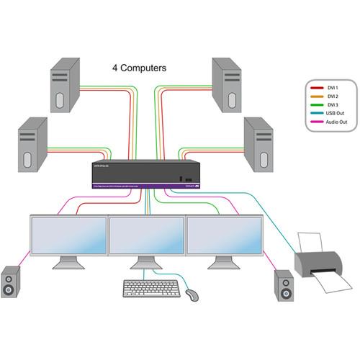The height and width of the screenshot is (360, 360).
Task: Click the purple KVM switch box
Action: click(x=142, y=174)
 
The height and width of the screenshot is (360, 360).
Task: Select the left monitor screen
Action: click(x=66, y=235)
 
